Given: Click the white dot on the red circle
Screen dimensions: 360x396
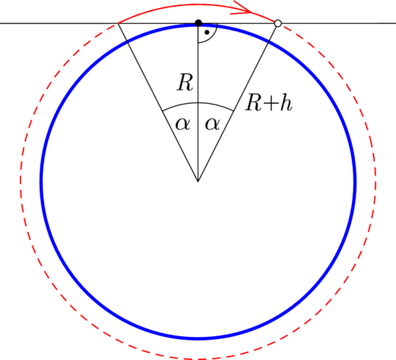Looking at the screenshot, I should [x=278, y=23].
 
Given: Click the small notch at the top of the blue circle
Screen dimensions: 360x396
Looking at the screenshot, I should [x=198, y=26].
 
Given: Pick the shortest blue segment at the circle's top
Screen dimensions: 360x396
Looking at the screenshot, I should [x=209, y=26].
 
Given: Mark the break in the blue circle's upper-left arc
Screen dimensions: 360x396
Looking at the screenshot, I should [x=127, y=42].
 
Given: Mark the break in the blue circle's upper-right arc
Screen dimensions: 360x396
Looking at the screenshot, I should [x=269, y=42].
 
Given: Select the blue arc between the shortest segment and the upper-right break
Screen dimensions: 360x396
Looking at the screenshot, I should [x=243, y=31].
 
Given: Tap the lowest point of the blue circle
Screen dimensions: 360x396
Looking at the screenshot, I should [x=198, y=338].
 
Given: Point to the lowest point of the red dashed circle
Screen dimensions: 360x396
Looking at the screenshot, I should [x=198, y=359].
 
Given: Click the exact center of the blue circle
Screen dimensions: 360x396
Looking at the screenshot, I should [x=198, y=181].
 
